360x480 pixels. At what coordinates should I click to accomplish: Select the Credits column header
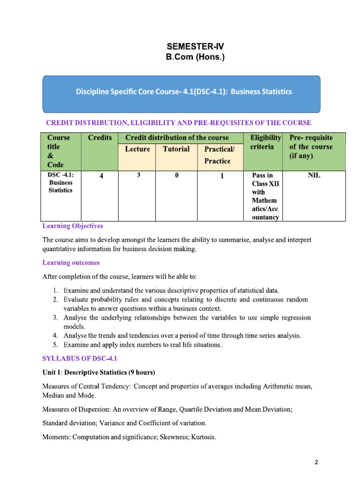click(99, 137)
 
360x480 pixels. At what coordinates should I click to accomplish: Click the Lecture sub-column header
click(137, 149)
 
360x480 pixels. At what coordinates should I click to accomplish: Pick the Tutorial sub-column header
click(176, 149)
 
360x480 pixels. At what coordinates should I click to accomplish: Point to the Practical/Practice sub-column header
click(217, 155)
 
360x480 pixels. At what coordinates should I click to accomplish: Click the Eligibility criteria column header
click(265, 142)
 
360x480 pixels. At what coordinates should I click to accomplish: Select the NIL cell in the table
click(314, 176)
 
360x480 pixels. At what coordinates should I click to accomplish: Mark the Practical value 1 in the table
click(222, 177)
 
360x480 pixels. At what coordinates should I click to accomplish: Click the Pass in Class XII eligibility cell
click(265, 196)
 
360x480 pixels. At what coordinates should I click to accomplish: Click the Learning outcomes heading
click(71, 262)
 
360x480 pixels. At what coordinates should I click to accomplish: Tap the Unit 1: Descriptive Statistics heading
click(98, 373)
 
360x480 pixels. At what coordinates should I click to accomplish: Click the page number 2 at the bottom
click(316, 462)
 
